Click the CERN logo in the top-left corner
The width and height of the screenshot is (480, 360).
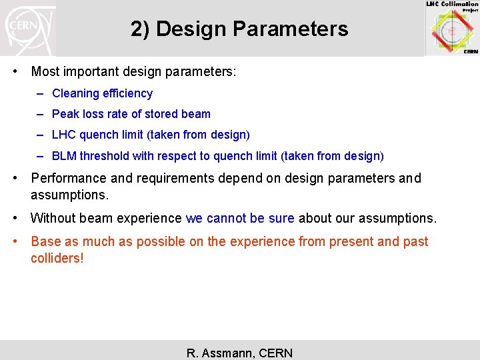[x=27, y=29]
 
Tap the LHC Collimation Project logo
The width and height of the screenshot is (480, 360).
[x=452, y=28]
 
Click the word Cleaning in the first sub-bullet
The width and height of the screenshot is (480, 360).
[x=74, y=94]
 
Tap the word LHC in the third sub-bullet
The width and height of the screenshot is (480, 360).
[x=64, y=135]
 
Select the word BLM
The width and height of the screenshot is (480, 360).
[x=65, y=156]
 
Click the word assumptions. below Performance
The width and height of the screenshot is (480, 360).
[x=69, y=195]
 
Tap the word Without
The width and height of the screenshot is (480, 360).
[x=53, y=218]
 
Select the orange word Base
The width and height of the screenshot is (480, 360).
[x=45, y=241]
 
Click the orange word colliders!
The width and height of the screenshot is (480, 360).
[x=57, y=258]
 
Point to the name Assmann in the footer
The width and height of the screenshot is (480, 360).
[x=229, y=353]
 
